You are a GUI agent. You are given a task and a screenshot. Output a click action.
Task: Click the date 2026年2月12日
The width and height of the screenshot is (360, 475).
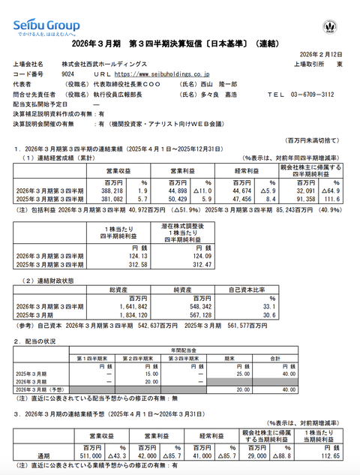324,54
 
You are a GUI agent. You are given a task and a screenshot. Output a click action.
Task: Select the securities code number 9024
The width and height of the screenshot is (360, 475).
67,74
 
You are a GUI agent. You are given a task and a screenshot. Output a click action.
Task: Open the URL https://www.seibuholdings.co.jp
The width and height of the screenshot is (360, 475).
159,74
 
